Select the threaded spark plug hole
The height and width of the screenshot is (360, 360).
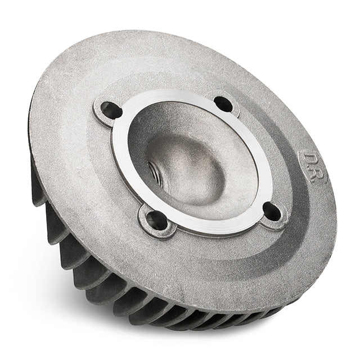pos(152,170)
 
